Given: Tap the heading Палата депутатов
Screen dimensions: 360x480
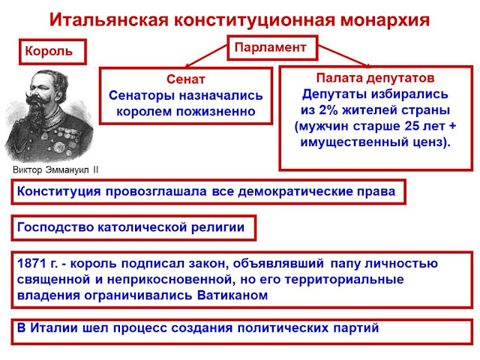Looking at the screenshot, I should (x=374, y=77).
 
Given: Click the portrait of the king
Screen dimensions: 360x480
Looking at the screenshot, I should (x=49, y=112).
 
